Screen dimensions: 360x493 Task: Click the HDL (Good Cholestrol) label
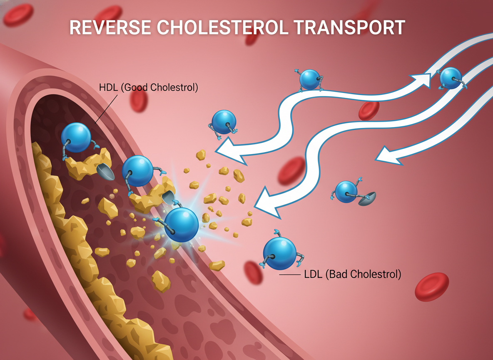[148, 88]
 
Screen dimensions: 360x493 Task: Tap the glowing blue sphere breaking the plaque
[181, 224]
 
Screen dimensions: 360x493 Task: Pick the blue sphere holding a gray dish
[346, 192]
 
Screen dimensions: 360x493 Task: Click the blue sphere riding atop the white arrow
[310, 79]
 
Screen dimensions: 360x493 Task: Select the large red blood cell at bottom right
[432, 287]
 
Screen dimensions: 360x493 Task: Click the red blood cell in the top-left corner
[18, 14]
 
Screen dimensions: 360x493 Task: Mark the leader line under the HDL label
[106, 110]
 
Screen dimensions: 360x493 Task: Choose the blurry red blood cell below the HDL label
[139, 102]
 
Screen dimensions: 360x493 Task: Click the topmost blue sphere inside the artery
[76, 138]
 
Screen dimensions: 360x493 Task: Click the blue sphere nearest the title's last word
[451, 78]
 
